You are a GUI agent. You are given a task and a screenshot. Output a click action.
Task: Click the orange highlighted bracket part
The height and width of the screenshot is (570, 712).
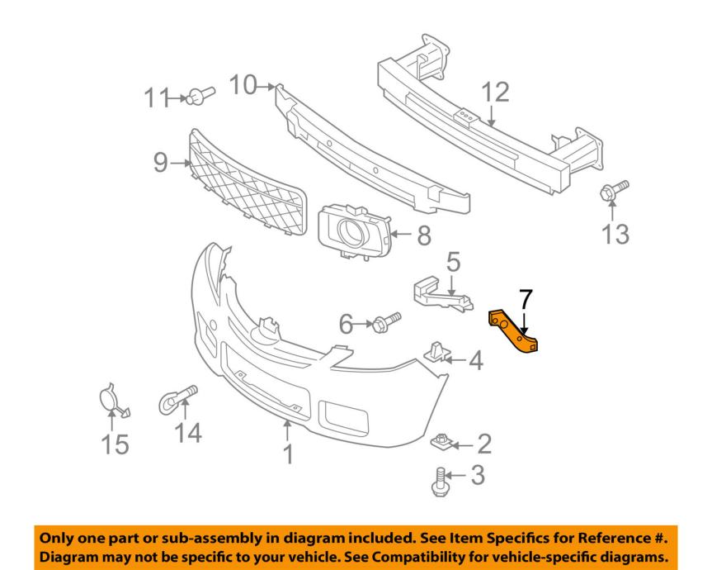(x=514, y=332)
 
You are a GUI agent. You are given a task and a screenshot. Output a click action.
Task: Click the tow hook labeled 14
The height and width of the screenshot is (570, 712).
(x=177, y=400)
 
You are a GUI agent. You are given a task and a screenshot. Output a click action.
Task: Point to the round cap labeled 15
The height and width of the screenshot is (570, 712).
(x=110, y=400)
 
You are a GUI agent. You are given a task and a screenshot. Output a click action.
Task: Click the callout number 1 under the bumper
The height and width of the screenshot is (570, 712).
(x=288, y=454)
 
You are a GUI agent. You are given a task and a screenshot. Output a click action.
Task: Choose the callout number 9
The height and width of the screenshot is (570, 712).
(x=160, y=163)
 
